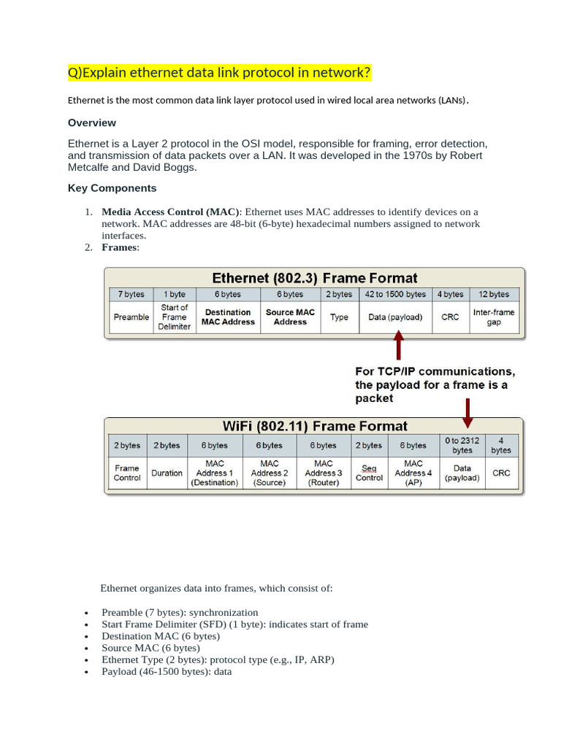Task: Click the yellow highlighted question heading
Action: (219, 73)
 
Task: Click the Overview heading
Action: (92, 123)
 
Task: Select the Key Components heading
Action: (112, 188)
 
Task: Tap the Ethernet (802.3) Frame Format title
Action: (314, 278)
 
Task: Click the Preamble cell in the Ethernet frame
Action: (131, 317)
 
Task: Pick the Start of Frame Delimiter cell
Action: (175, 317)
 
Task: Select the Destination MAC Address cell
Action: (228, 317)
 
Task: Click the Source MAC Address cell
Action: (290, 317)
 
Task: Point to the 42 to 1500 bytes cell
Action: (395, 294)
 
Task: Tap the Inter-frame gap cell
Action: (494, 317)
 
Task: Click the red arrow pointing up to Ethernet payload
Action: (398, 346)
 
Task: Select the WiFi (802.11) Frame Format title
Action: (314, 426)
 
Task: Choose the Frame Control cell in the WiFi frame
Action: (127, 473)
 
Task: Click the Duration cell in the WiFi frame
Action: (167, 473)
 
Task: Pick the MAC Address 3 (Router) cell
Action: (324, 473)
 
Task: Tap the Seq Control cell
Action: (369, 473)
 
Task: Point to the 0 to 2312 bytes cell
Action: (462, 446)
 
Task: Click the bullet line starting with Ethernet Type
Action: (218, 659)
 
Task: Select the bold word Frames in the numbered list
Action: (119, 247)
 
